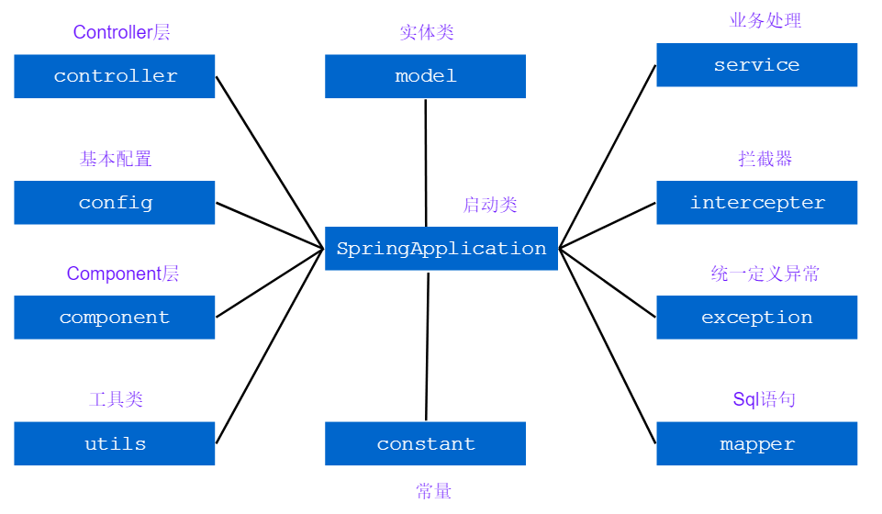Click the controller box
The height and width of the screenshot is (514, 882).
(x=115, y=76)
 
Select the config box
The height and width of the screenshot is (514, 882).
(x=115, y=203)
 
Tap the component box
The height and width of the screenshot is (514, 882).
(x=115, y=318)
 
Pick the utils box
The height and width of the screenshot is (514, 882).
(x=115, y=444)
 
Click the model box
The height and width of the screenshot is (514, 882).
(x=425, y=76)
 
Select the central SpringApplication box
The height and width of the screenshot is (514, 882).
(x=441, y=249)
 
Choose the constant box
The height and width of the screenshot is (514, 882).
(x=425, y=444)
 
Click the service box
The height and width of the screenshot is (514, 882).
(x=756, y=65)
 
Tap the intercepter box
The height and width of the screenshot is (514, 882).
(x=756, y=203)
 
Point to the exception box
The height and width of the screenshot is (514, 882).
(x=756, y=318)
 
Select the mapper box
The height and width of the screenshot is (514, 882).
(x=756, y=444)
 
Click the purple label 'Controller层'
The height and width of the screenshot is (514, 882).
(x=121, y=32)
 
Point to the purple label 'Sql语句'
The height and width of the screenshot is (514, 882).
(x=764, y=399)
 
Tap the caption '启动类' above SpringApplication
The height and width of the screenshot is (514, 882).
(x=490, y=205)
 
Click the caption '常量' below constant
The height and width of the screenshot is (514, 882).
(x=433, y=492)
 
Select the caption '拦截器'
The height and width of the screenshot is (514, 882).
(x=765, y=159)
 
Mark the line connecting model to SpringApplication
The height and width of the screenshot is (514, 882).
(x=426, y=162)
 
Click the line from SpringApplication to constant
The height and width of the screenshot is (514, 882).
(x=427, y=347)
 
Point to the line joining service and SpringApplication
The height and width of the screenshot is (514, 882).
(x=608, y=156)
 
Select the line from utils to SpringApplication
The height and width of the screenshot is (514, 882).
(x=270, y=345)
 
